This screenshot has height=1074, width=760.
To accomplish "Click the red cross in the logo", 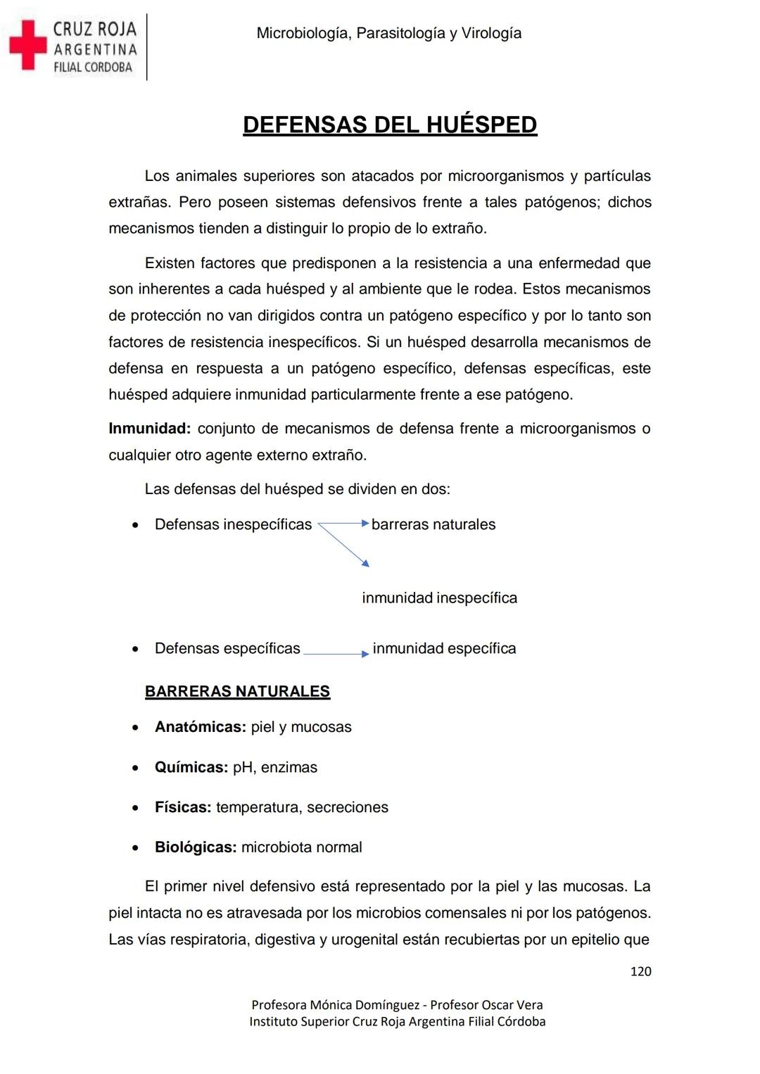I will pyautogui.click(x=27, y=45).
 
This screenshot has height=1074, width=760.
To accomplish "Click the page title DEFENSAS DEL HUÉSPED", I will pyautogui.click(x=390, y=125).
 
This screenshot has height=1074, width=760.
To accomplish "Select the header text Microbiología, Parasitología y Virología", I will pyautogui.click(x=388, y=33).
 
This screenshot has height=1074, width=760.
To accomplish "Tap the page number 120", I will pyautogui.click(x=640, y=971).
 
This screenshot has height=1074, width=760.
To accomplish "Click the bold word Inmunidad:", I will pyautogui.click(x=149, y=429).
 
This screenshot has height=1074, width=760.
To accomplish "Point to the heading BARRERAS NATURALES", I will pyautogui.click(x=237, y=691).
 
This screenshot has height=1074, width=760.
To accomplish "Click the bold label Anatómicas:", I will pyautogui.click(x=200, y=727).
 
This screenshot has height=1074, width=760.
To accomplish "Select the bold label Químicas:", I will pyautogui.click(x=191, y=767).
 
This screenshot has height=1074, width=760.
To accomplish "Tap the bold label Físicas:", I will pyautogui.click(x=183, y=807).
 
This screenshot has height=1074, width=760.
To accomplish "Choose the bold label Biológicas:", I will pyautogui.click(x=196, y=847).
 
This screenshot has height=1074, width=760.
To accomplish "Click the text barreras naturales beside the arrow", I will pyautogui.click(x=433, y=524).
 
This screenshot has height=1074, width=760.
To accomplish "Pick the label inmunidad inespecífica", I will pyautogui.click(x=439, y=598).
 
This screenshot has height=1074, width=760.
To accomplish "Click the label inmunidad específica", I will pyautogui.click(x=444, y=648).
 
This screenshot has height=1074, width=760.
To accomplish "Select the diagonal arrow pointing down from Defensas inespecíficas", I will pyautogui.click(x=344, y=544).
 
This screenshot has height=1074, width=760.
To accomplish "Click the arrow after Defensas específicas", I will pyautogui.click(x=336, y=654).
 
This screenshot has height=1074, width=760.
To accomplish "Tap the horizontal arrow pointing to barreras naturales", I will pyautogui.click(x=343, y=524).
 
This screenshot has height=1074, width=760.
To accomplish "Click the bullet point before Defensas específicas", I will pyautogui.click(x=135, y=649).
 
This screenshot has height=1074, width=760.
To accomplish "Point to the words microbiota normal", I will pyautogui.click(x=302, y=847).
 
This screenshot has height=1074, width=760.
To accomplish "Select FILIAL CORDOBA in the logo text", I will pyautogui.click(x=93, y=68).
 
